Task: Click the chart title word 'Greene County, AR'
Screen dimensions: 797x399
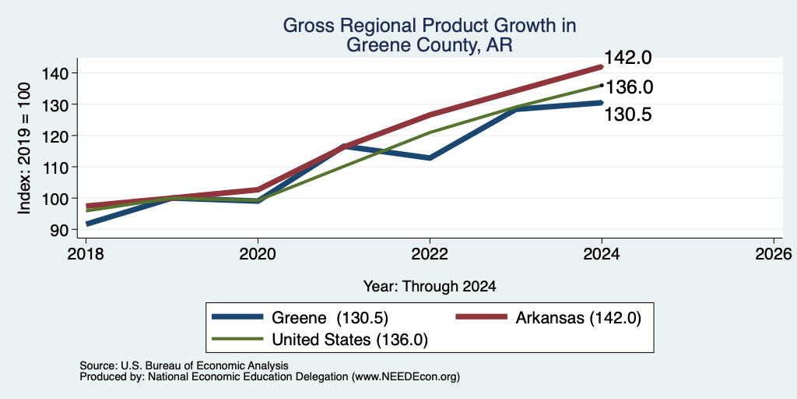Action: pos(430,45)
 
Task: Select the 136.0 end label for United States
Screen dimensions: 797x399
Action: pos(629,87)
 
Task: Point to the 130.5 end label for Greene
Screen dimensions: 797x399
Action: pos(628,115)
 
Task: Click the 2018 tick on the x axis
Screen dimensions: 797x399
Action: pos(86,254)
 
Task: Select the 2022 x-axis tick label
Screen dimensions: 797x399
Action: pos(430,254)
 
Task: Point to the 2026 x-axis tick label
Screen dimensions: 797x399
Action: pos(774,254)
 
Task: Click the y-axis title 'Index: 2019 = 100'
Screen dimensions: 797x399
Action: pos(24,149)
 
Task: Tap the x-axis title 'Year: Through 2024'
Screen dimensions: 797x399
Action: pos(430,287)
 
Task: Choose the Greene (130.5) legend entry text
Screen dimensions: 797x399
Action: pos(330,318)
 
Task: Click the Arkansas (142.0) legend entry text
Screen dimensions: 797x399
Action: pos(578,318)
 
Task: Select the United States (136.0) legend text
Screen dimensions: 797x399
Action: pos(349,340)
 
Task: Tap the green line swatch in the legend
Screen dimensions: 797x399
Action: pos(238,339)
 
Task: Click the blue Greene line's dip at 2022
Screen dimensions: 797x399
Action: pos(430,157)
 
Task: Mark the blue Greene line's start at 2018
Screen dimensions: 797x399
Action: pos(87,224)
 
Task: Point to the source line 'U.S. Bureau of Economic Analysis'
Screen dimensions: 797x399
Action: pos(204,365)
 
